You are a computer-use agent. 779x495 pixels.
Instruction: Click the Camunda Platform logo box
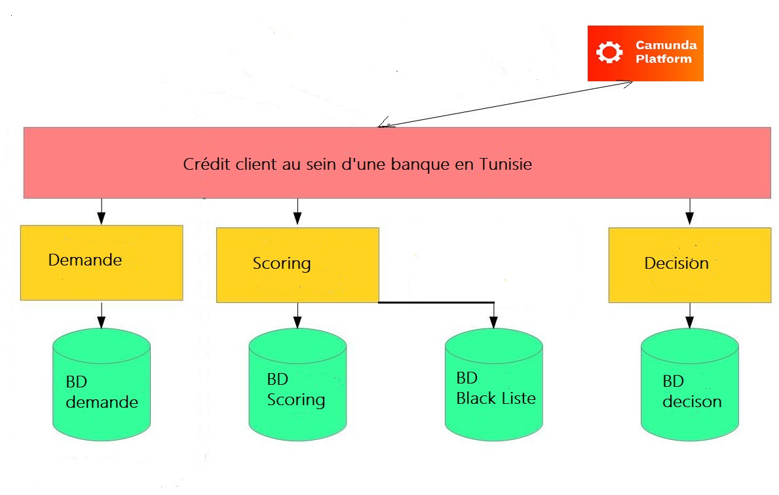(645, 53)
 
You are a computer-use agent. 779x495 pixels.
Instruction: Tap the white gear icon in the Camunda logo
(610, 52)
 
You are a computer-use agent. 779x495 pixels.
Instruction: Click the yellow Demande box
(101, 263)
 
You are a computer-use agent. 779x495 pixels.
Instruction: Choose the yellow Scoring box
(297, 265)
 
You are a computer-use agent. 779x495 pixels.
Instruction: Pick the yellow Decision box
(689, 265)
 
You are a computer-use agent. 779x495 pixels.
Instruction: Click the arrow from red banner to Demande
(101, 211)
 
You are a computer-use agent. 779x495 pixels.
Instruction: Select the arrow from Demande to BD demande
(101, 315)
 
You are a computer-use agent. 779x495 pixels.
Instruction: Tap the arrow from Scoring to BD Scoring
(297, 315)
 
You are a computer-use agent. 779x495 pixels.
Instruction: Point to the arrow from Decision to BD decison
(689, 315)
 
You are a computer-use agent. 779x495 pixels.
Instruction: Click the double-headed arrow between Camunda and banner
(505, 104)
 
